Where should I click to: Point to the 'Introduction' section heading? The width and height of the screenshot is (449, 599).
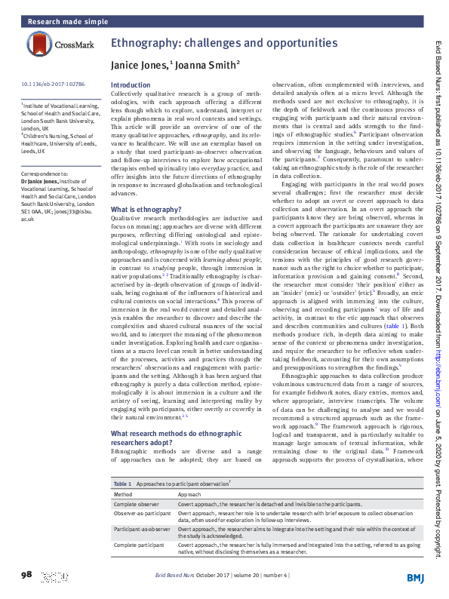click(x=131, y=85)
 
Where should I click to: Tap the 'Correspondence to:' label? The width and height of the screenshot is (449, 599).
click(x=44, y=174)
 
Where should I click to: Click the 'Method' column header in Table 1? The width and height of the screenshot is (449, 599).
click(x=123, y=493)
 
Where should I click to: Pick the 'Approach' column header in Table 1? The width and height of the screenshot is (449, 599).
click(x=189, y=493)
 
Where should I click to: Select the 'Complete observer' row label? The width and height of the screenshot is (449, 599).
click(x=137, y=503)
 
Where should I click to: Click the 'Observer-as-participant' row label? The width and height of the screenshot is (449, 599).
click(x=142, y=513)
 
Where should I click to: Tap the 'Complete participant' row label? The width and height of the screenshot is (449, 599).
click(x=138, y=545)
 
